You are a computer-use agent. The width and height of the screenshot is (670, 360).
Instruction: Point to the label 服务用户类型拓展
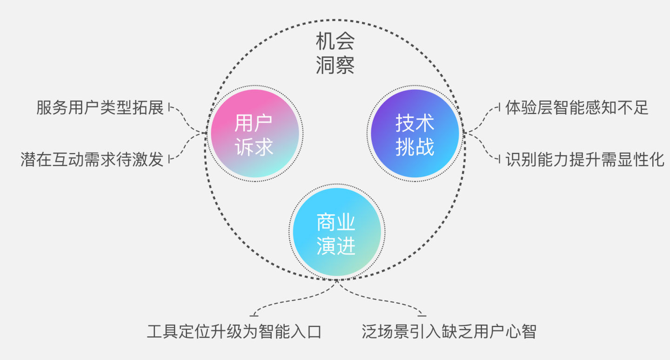(100, 108)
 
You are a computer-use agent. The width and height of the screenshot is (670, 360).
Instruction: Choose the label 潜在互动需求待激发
(92, 159)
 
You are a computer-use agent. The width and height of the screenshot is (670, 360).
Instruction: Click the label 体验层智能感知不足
(577, 108)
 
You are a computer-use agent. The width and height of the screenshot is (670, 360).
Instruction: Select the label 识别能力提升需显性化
(585, 159)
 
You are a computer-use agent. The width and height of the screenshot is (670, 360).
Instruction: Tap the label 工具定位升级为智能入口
(234, 332)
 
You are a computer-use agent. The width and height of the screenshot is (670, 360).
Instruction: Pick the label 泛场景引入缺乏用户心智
(449, 332)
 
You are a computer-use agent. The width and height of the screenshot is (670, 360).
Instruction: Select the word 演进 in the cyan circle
(336, 246)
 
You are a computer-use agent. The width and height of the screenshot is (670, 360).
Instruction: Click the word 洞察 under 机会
(335, 66)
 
